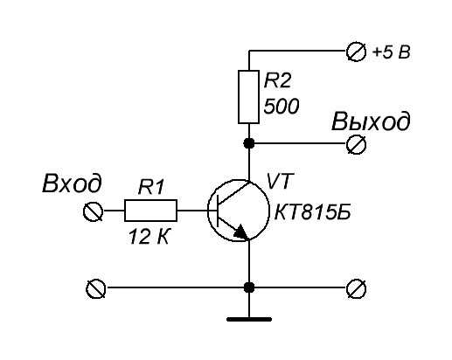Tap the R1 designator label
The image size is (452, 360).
(151, 187)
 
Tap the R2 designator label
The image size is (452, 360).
(277, 80)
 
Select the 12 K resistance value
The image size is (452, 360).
(149, 236)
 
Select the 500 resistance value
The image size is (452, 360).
(282, 106)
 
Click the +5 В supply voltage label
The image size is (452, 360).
(392, 52)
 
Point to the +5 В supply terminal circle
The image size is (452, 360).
(356, 52)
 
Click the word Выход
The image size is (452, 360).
(371, 121)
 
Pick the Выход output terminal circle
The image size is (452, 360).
(356, 144)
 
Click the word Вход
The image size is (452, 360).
(72, 183)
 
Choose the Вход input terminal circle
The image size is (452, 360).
(93, 211)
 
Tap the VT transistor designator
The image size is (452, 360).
(279, 181)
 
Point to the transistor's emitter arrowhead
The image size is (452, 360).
(241, 232)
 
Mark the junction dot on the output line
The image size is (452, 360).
(248, 143)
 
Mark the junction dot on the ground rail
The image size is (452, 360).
(248, 287)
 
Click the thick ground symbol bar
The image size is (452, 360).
(249, 319)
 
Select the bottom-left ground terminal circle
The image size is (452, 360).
(95, 288)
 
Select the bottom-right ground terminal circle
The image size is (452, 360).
(356, 288)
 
